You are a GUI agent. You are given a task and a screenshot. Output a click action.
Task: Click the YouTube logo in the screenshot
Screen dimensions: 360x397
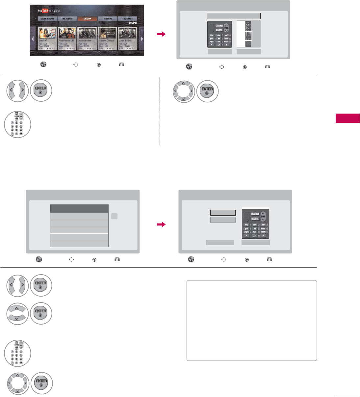[43, 11]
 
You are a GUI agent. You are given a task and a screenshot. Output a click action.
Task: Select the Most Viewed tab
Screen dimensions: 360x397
[47, 19]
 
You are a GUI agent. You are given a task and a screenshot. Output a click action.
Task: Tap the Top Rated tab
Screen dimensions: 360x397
[67, 19]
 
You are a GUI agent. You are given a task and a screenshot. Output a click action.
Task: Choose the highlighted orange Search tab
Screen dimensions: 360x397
[87, 19]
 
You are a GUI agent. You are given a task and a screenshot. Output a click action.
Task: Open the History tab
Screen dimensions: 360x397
[108, 19]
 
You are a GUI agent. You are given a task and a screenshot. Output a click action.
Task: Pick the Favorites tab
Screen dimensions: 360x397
[127, 19]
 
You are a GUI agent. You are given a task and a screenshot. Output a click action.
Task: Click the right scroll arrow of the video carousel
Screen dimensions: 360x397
[142, 39]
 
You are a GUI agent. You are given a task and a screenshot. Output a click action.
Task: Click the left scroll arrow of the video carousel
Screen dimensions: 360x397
[32, 39]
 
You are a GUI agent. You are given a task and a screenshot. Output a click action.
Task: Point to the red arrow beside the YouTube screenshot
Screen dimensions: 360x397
[161, 34]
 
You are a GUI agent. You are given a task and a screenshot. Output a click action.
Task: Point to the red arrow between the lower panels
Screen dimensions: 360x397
[161, 225]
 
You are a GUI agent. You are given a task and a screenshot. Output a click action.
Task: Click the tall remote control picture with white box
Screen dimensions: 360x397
[248, 34]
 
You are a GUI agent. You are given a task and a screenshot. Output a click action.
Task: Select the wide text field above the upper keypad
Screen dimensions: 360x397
[234, 16]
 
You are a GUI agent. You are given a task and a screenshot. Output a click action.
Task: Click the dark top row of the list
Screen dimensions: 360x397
[79, 209]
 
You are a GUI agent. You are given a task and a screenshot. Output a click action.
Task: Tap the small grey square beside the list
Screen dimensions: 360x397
[114, 216]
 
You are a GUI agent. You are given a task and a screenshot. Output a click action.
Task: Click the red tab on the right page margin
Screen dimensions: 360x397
[347, 118]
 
